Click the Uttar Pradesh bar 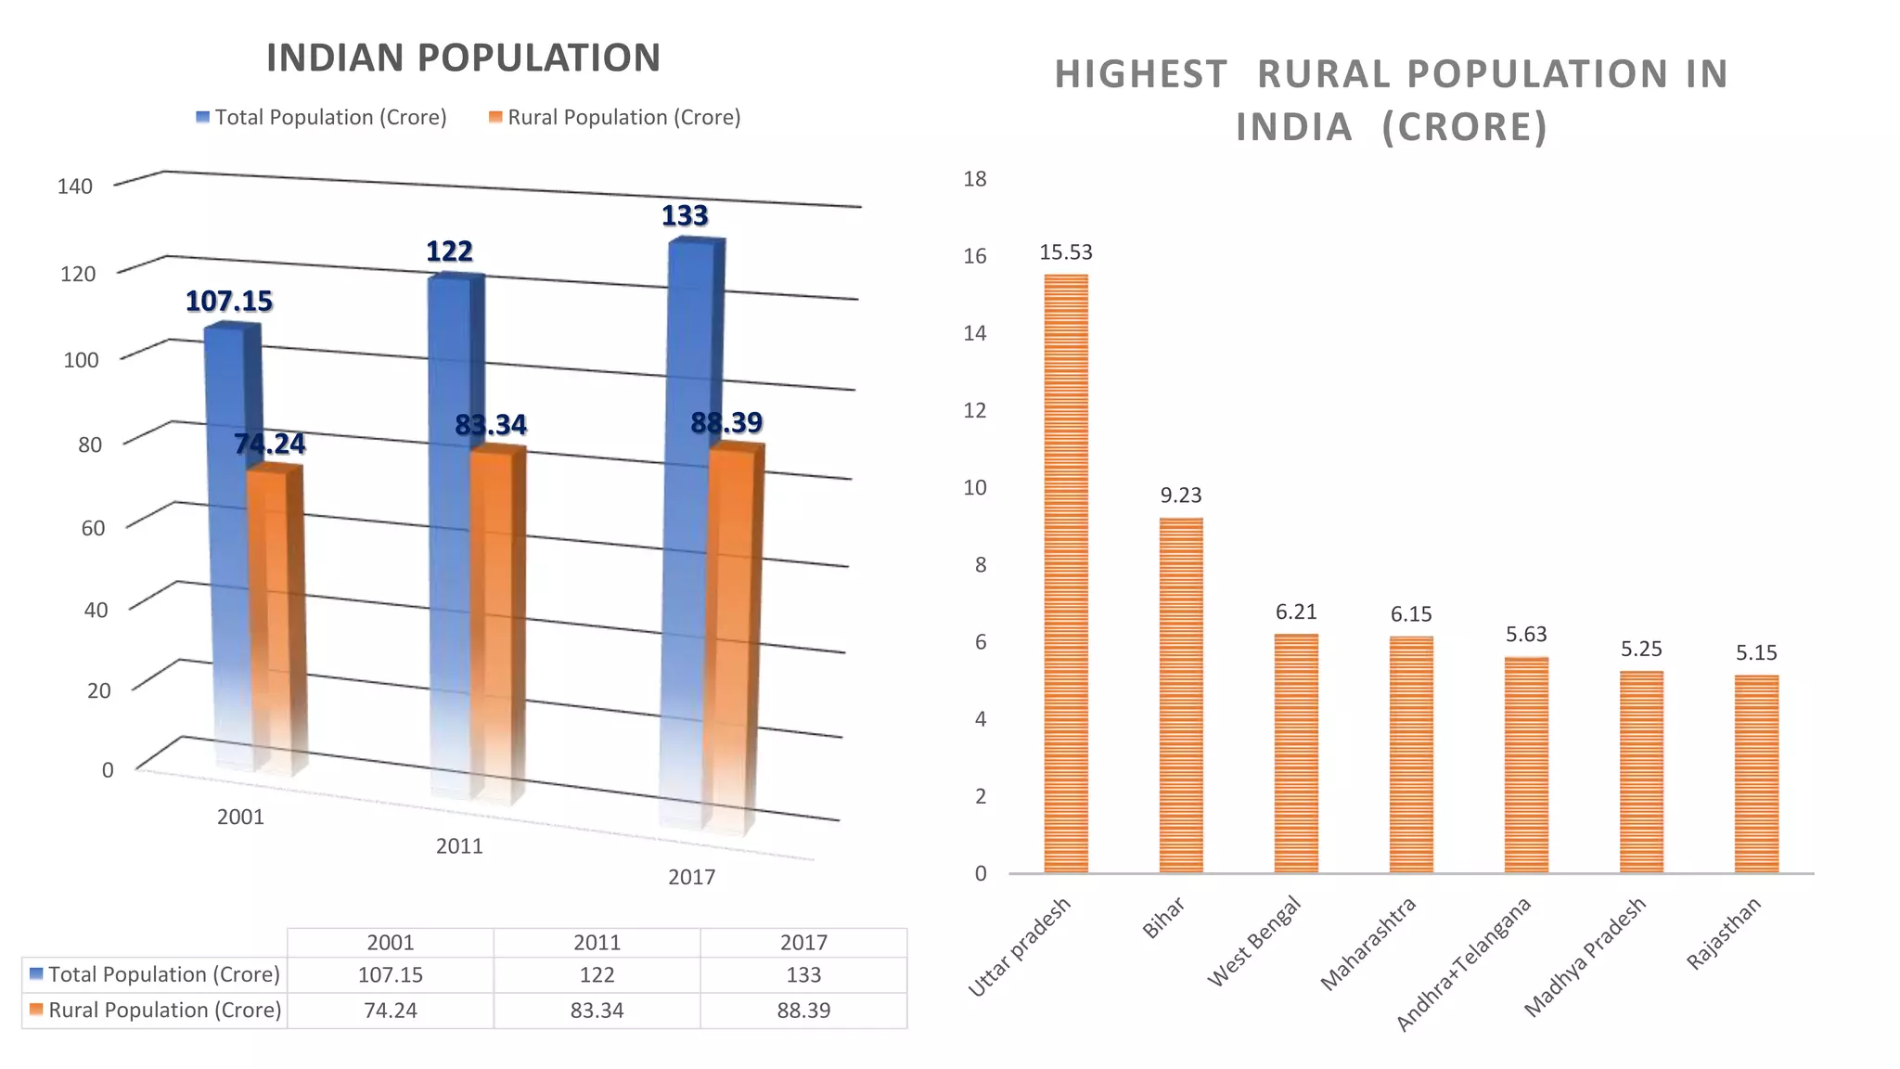(1066, 575)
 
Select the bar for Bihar (1181, 696)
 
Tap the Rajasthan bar (1756, 775)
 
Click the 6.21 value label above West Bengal (1296, 612)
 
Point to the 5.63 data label (1526, 635)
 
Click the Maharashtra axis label (1369, 943)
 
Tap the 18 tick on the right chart (974, 179)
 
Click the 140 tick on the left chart (75, 187)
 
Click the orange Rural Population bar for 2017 (732, 631)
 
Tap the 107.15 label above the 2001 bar (229, 302)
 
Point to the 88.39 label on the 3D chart (726, 423)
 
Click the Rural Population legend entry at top (614, 118)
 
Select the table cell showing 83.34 (597, 1011)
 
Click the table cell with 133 (803, 975)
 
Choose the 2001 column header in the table (391, 943)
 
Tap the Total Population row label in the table (155, 975)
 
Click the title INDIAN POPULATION (463, 58)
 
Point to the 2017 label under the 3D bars (692, 878)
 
